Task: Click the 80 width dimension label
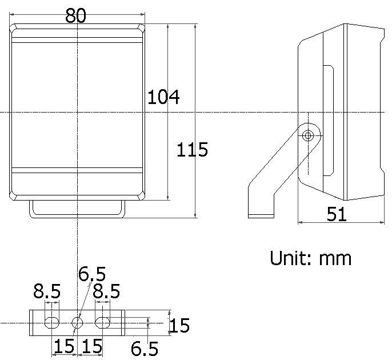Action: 75,15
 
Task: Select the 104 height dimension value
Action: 163,98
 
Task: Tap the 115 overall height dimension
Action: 192,150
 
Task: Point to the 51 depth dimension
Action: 337,214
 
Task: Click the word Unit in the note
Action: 290,258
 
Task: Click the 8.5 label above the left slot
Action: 46,293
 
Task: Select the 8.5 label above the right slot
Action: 106,293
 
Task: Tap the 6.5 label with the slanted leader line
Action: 92,274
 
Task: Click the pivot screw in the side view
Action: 309,136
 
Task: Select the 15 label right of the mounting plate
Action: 179,326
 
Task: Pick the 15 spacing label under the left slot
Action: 64,346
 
